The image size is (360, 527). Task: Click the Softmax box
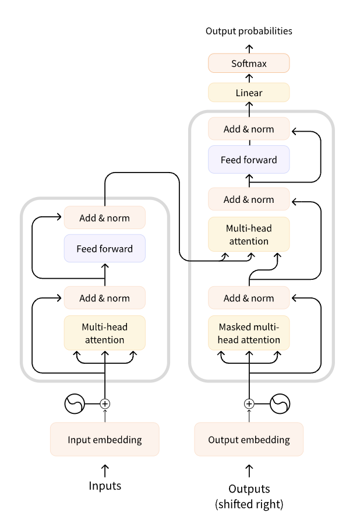click(249, 63)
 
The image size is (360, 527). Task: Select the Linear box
click(249, 93)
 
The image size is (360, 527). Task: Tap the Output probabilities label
click(249, 31)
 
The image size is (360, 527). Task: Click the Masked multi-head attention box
click(249, 333)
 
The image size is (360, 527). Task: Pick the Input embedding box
click(104, 440)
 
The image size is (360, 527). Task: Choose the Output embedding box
click(249, 440)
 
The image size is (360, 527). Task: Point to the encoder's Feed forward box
click(104, 248)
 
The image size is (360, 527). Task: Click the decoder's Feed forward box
click(249, 159)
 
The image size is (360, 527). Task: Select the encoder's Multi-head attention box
click(104, 333)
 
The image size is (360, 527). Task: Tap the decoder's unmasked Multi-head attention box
click(249, 234)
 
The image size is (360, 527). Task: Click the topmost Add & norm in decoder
click(249, 129)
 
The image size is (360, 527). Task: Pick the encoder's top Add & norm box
click(104, 218)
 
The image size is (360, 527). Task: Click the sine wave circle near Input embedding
click(75, 403)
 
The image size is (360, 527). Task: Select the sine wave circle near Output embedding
click(280, 403)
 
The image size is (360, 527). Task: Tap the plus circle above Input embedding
click(105, 403)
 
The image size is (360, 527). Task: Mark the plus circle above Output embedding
click(249, 403)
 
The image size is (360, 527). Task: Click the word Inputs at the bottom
click(105, 486)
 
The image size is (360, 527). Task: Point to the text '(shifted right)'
click(249, 503)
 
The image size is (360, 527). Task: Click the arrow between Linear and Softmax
click(249, 78)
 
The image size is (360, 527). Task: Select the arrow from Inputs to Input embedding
click(105, 469)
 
